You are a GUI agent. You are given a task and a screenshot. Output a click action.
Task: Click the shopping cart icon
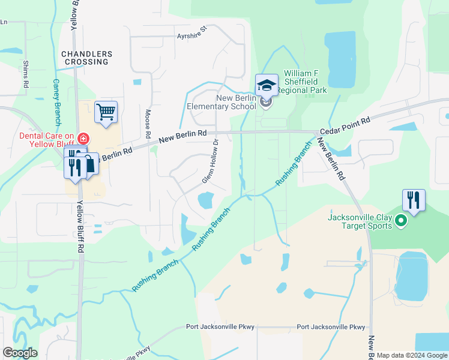point(106,112)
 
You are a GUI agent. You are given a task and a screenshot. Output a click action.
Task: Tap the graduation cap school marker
point(267,85)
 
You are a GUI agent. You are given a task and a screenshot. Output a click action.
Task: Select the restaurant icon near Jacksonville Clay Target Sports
point(414,200)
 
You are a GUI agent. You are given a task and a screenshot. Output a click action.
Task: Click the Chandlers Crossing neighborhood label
point(85,58)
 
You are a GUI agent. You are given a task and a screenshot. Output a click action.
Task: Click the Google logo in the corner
point(20,352)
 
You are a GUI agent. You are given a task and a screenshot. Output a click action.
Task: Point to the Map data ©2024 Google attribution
point(411,355)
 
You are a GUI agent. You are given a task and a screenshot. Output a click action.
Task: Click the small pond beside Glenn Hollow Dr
point(205,200)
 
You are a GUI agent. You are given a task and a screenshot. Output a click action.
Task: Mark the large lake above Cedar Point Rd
point(340,60)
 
